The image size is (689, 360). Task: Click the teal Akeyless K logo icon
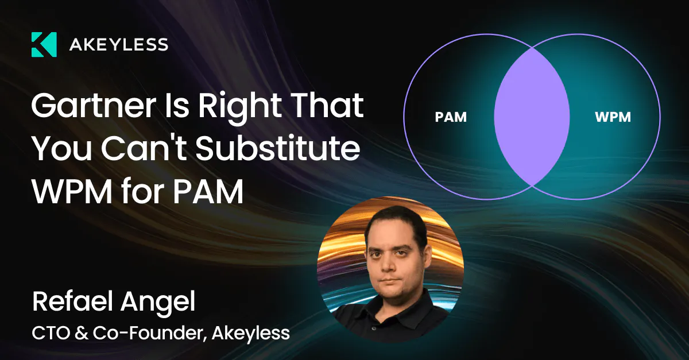point(44,45)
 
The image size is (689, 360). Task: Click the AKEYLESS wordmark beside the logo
point(119,45)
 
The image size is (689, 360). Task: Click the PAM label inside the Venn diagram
point(451,117)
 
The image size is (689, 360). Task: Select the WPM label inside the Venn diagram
point(613,117)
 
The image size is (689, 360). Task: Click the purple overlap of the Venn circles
point(532,117)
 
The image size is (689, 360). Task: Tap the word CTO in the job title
point(51,333)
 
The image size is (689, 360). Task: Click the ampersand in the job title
point(81,333)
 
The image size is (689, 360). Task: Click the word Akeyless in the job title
point(251,334)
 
